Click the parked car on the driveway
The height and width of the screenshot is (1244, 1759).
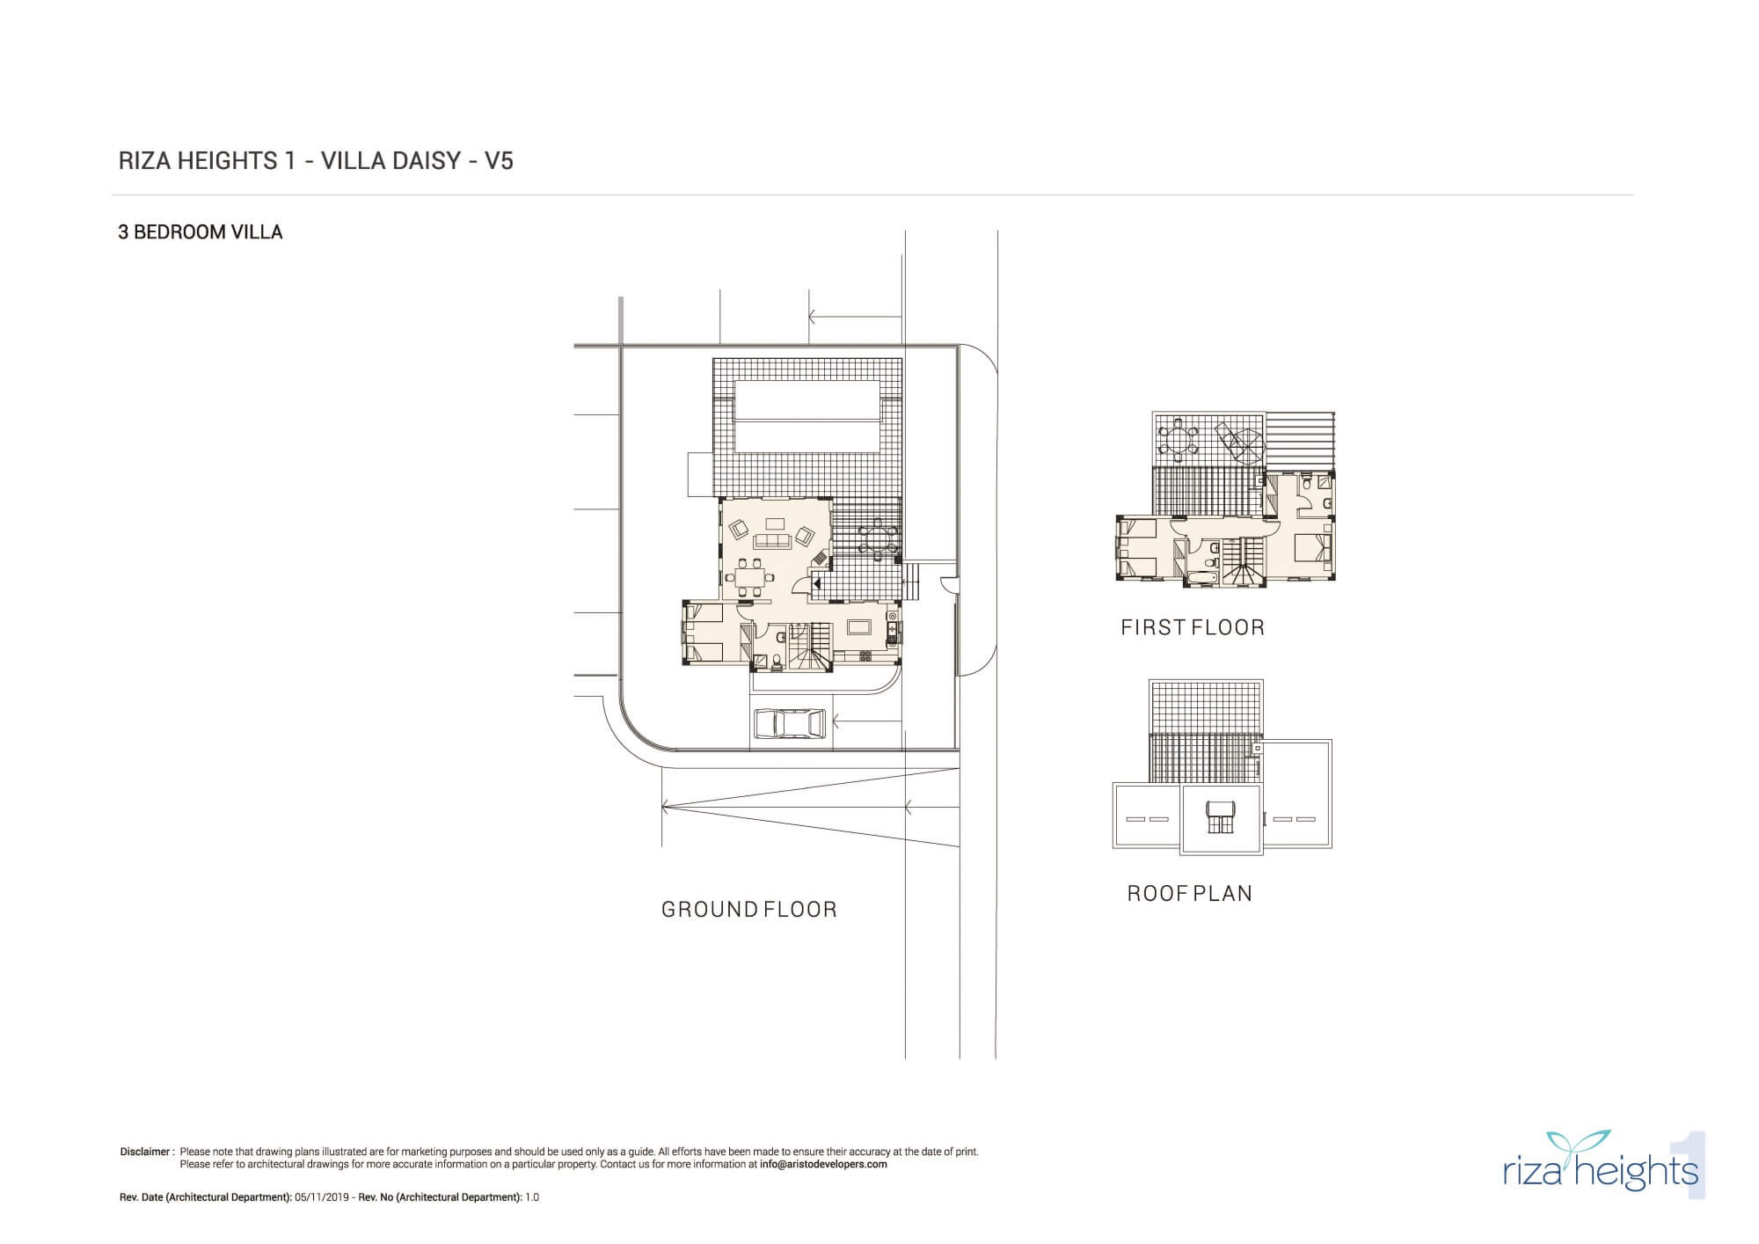point(790,724)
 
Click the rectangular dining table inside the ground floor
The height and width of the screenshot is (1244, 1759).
point(750,578)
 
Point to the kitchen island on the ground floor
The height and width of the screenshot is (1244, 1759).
point(860,626)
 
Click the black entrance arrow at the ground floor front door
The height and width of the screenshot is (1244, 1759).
point(815,582)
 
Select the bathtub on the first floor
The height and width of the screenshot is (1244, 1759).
point(1201,577)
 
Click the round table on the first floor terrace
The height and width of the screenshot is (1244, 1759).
point(1178,438)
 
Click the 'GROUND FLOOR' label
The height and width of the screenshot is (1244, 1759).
point(749,910)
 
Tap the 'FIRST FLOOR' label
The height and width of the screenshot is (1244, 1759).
point(1193,627)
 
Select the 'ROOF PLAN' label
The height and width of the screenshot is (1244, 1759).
point(1190,894)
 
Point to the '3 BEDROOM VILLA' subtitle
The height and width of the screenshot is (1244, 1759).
point(201,232)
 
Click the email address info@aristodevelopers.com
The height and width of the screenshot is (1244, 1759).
point(823,1164)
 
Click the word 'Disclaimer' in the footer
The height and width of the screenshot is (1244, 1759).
point(145,1152)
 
